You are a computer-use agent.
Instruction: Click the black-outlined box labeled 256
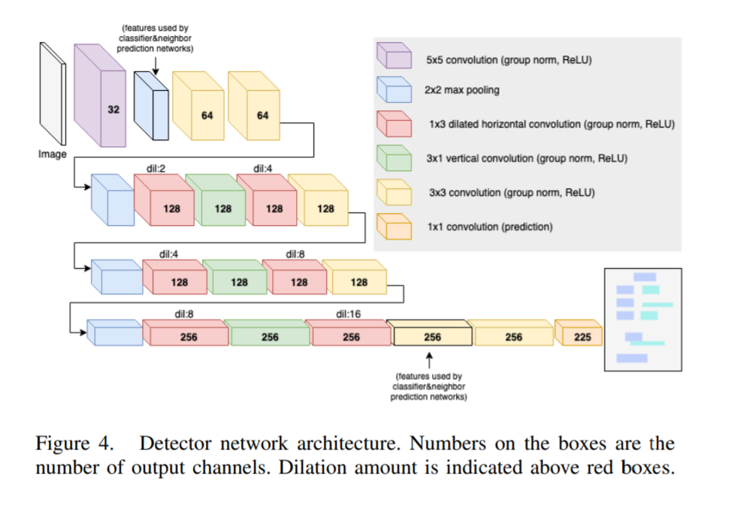[x=430, y=335]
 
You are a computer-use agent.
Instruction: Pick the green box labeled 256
[x=267, y=335]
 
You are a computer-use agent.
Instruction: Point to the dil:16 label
[x=349, y=314]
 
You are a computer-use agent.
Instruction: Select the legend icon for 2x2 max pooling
[x=394, y=89]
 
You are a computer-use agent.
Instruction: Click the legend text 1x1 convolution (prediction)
[x=488, y=227]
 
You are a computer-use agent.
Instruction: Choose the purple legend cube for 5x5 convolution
[x=394, y=56]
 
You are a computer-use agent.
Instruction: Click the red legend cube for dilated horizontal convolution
[x=394, y=123]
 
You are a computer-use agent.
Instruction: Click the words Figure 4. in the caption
[x=74, y=443]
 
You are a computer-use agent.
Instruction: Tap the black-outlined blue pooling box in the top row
[x=151, y=106]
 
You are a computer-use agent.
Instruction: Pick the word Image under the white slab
[x=53, y=155]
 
